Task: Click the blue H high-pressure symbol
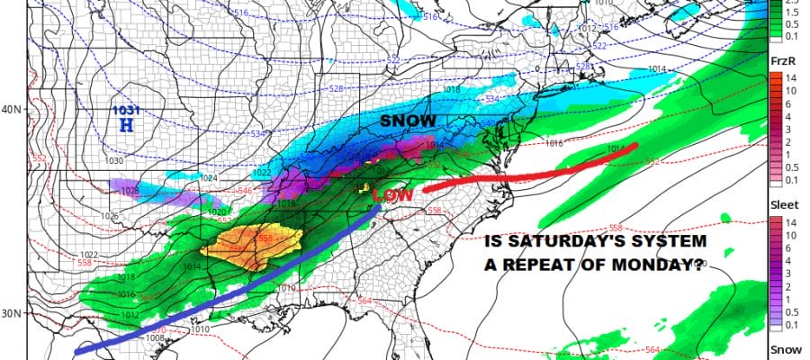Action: (125, 127)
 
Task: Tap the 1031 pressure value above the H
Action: (126, 111)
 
